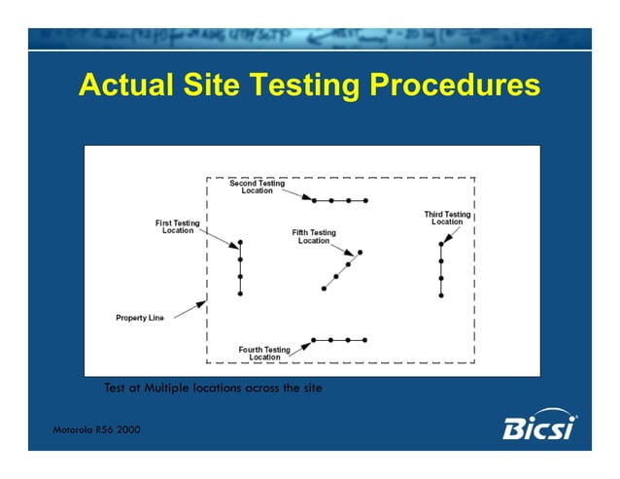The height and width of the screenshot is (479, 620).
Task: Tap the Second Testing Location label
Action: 258,187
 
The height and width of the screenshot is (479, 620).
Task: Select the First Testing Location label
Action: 178,226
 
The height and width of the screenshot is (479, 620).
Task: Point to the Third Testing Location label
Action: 447,218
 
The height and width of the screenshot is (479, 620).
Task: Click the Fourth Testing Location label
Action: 264,353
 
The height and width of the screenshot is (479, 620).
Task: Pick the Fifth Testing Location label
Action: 314,236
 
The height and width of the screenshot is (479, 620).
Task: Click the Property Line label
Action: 139,318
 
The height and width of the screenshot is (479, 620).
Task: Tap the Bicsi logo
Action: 540,426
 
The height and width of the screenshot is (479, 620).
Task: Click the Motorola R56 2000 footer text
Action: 96,430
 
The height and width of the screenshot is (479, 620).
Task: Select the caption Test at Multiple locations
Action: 213,389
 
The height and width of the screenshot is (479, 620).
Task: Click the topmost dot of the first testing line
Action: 240,243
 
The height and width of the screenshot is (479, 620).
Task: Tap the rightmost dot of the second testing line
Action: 366,200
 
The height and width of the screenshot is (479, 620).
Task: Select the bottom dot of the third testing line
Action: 441,293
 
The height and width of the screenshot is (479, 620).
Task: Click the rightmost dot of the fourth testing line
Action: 366,340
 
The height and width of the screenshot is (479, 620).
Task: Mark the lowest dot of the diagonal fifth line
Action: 324,288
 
